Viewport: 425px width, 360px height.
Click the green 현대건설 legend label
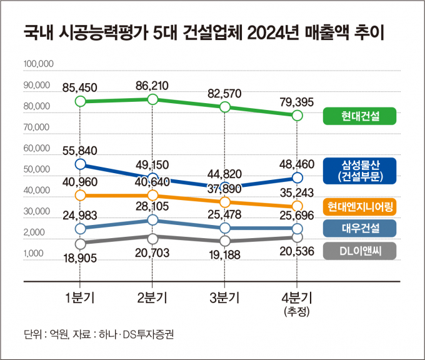tap(361, 116)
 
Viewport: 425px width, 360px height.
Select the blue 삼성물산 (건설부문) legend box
tap(361, 171)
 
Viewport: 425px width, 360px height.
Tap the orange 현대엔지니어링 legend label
tap(361, 206)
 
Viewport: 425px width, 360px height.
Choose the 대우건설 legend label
tap(361, 229)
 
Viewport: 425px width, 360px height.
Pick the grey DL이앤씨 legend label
tap(361, 251)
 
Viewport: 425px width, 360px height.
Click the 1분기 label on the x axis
tap(79, 297)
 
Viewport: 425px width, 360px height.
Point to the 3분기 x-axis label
tap(224, 297)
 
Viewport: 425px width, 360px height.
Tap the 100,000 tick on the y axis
tap(39, 64)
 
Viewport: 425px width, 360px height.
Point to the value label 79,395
tap(297, 102)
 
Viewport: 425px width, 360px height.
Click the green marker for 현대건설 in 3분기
tap(224, 107)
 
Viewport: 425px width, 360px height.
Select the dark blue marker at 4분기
tap(297, 179)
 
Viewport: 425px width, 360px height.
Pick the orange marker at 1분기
tap(79, 196)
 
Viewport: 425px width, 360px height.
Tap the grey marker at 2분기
tap(152, 237)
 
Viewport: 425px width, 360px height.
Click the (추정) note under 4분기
tap(297, 311)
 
